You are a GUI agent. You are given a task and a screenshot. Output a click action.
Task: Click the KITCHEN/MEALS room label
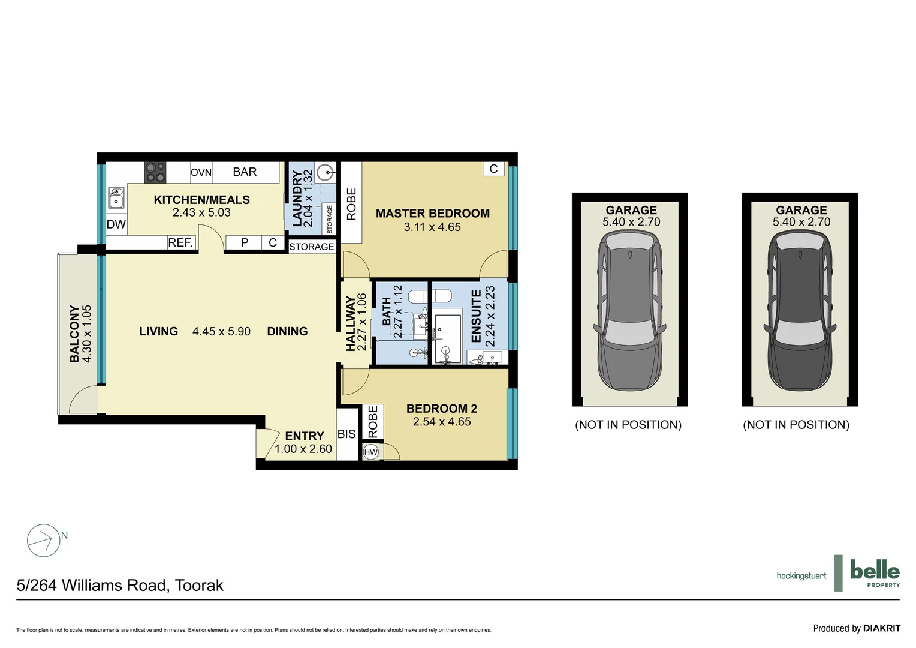(201, 200)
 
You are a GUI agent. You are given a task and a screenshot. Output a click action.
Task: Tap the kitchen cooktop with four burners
(155, 172)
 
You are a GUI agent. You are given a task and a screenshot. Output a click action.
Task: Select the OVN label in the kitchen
(201, 172)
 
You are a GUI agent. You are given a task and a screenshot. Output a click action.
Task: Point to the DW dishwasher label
(116, 224)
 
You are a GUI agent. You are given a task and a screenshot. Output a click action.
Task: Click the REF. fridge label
(180, 243)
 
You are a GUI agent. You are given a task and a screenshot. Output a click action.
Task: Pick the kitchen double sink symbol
(116, 198)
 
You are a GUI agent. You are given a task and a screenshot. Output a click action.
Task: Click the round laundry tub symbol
(326, 172)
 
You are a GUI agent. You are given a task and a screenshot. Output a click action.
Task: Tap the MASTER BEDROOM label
(433, 213)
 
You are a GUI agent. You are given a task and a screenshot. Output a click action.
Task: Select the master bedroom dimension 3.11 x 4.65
(432, 227)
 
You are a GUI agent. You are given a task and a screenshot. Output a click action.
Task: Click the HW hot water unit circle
(371, 452)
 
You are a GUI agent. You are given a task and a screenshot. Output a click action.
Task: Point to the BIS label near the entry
(346, 434)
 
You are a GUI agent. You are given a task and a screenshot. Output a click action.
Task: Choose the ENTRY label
(305, 436)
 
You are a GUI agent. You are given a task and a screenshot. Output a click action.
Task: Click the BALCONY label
(74, 334)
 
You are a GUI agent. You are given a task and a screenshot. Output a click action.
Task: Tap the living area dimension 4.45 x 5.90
(221, 331)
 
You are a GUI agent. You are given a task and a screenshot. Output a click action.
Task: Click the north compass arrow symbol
(44, 541)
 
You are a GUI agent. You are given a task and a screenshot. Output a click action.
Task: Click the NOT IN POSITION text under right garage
(796, 424)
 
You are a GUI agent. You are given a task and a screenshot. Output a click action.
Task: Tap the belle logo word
(875, 570)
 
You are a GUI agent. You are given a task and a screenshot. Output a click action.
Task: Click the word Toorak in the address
(199, 586)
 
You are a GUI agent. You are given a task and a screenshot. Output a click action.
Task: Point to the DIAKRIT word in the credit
(882, 628)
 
